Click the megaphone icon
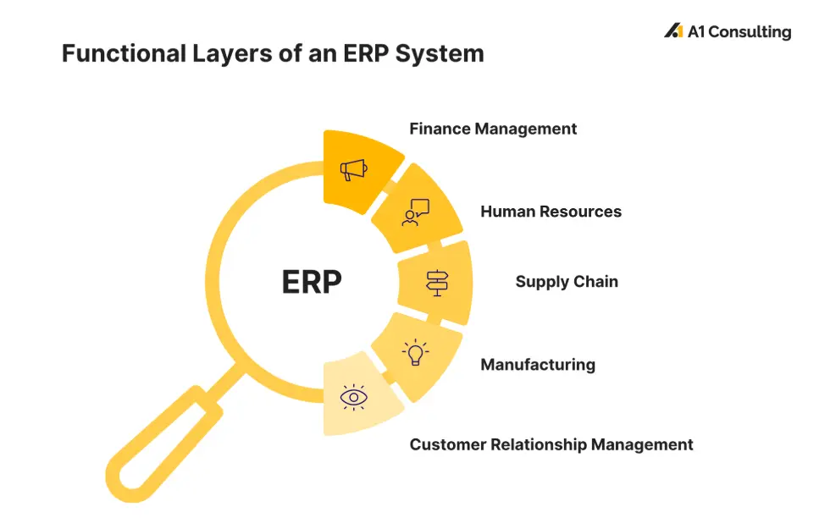tap(354, 169)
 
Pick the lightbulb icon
tap(415, 352)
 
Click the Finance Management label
tap(493, 129)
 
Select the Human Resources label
tap(551, 212)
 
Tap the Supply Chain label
tap(567, 282)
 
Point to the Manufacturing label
tap(538, 365)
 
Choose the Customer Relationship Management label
tap(551, 444)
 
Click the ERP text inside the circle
tap(312, 282)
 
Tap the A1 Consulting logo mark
tap(673, 31)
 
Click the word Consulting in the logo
tap(750, 32)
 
